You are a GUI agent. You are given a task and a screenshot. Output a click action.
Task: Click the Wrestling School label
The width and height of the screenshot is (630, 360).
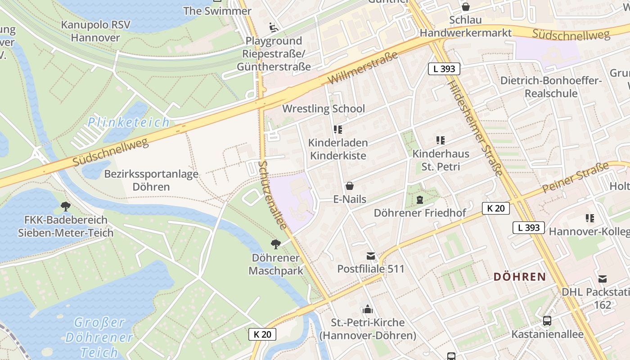[x=323, y=109]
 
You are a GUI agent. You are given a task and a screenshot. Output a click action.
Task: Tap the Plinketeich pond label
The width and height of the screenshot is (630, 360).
[x=129, y=122]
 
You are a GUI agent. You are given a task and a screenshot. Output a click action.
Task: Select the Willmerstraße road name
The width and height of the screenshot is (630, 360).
[x=363, y=68]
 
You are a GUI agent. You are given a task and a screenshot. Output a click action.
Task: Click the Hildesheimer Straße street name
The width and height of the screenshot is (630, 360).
[x=475, y=129]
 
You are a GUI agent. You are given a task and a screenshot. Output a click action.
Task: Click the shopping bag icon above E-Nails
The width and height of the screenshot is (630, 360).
[x=349, y=186]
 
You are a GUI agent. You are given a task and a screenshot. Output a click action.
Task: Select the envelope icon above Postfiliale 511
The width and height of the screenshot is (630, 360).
[x=370, y=256]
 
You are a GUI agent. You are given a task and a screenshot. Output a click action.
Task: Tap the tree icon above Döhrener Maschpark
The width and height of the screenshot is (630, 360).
[x=276, y=244]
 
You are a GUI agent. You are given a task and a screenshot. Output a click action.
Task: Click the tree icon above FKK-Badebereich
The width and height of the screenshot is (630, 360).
[x=66, y=207]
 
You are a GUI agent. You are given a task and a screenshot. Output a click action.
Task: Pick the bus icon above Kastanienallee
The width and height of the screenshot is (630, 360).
[x=547, y=321]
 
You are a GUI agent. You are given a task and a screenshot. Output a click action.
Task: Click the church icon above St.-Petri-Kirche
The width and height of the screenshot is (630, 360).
[x=368, y=310]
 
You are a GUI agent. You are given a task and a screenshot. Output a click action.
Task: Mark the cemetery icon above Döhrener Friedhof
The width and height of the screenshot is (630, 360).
[x=420, y=199]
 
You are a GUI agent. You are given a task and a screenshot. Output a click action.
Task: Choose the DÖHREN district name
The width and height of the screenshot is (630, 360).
[x=519, y=277]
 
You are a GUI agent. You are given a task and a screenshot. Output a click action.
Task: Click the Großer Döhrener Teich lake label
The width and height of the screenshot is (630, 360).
[x=99, y=337]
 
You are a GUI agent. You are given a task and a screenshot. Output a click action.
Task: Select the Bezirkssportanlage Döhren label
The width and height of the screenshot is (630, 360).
[x=151, y=180]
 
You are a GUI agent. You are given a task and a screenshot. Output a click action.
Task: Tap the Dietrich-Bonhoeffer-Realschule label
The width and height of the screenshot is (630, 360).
[x=551, y=87]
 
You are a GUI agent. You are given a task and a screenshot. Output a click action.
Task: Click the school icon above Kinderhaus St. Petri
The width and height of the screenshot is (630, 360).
[x=440, y=140]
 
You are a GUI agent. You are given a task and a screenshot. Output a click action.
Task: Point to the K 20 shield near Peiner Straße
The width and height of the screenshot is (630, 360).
[x=496, y=208]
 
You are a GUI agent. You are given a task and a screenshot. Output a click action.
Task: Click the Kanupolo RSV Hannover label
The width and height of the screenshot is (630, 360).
[x=95, y=31]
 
